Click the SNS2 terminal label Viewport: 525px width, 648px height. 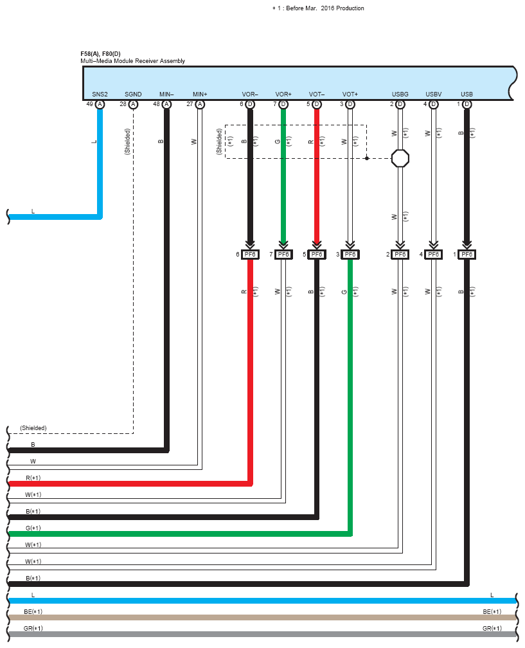[100, 94]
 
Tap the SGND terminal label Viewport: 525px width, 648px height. [133, 94]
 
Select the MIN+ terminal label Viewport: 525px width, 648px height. [200, 94]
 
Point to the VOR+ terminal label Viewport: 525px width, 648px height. [283, 94]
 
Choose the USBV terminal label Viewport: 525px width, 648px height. [433, 94]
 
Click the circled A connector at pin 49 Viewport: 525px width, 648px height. [100, 104]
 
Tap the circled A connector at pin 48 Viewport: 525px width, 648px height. [166, 104]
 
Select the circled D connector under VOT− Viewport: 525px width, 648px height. [317, 104]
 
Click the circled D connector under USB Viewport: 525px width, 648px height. [467, 104]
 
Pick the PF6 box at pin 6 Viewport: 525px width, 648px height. [250, 254]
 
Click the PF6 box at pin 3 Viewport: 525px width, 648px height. [350, 254]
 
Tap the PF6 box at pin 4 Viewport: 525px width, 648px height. [433, 254]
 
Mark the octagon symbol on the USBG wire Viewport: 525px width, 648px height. [400, 158]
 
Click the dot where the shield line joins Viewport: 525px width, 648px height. [366, 158]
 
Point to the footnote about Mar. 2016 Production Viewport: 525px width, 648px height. [318, 8]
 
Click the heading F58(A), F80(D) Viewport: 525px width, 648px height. [100, 54]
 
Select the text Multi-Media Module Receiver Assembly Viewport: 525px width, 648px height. [132, 60]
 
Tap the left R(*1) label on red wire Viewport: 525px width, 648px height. [33, 478]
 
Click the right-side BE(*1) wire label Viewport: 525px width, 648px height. [492, 611]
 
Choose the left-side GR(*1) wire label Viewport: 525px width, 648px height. [33, 628]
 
